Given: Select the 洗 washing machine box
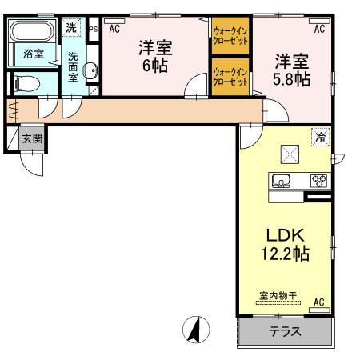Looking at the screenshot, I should (72, 28).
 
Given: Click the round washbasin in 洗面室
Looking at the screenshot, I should (89, 70).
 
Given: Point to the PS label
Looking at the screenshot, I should (93, 29).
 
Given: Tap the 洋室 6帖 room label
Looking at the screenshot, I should (156, 56).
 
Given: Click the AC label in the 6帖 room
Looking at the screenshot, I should (114, 29).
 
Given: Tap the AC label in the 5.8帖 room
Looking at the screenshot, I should (318, 29).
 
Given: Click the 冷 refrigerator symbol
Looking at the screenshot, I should (320, 137).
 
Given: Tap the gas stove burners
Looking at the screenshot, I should (319, 181).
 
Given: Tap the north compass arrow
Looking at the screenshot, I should (195, 328).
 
